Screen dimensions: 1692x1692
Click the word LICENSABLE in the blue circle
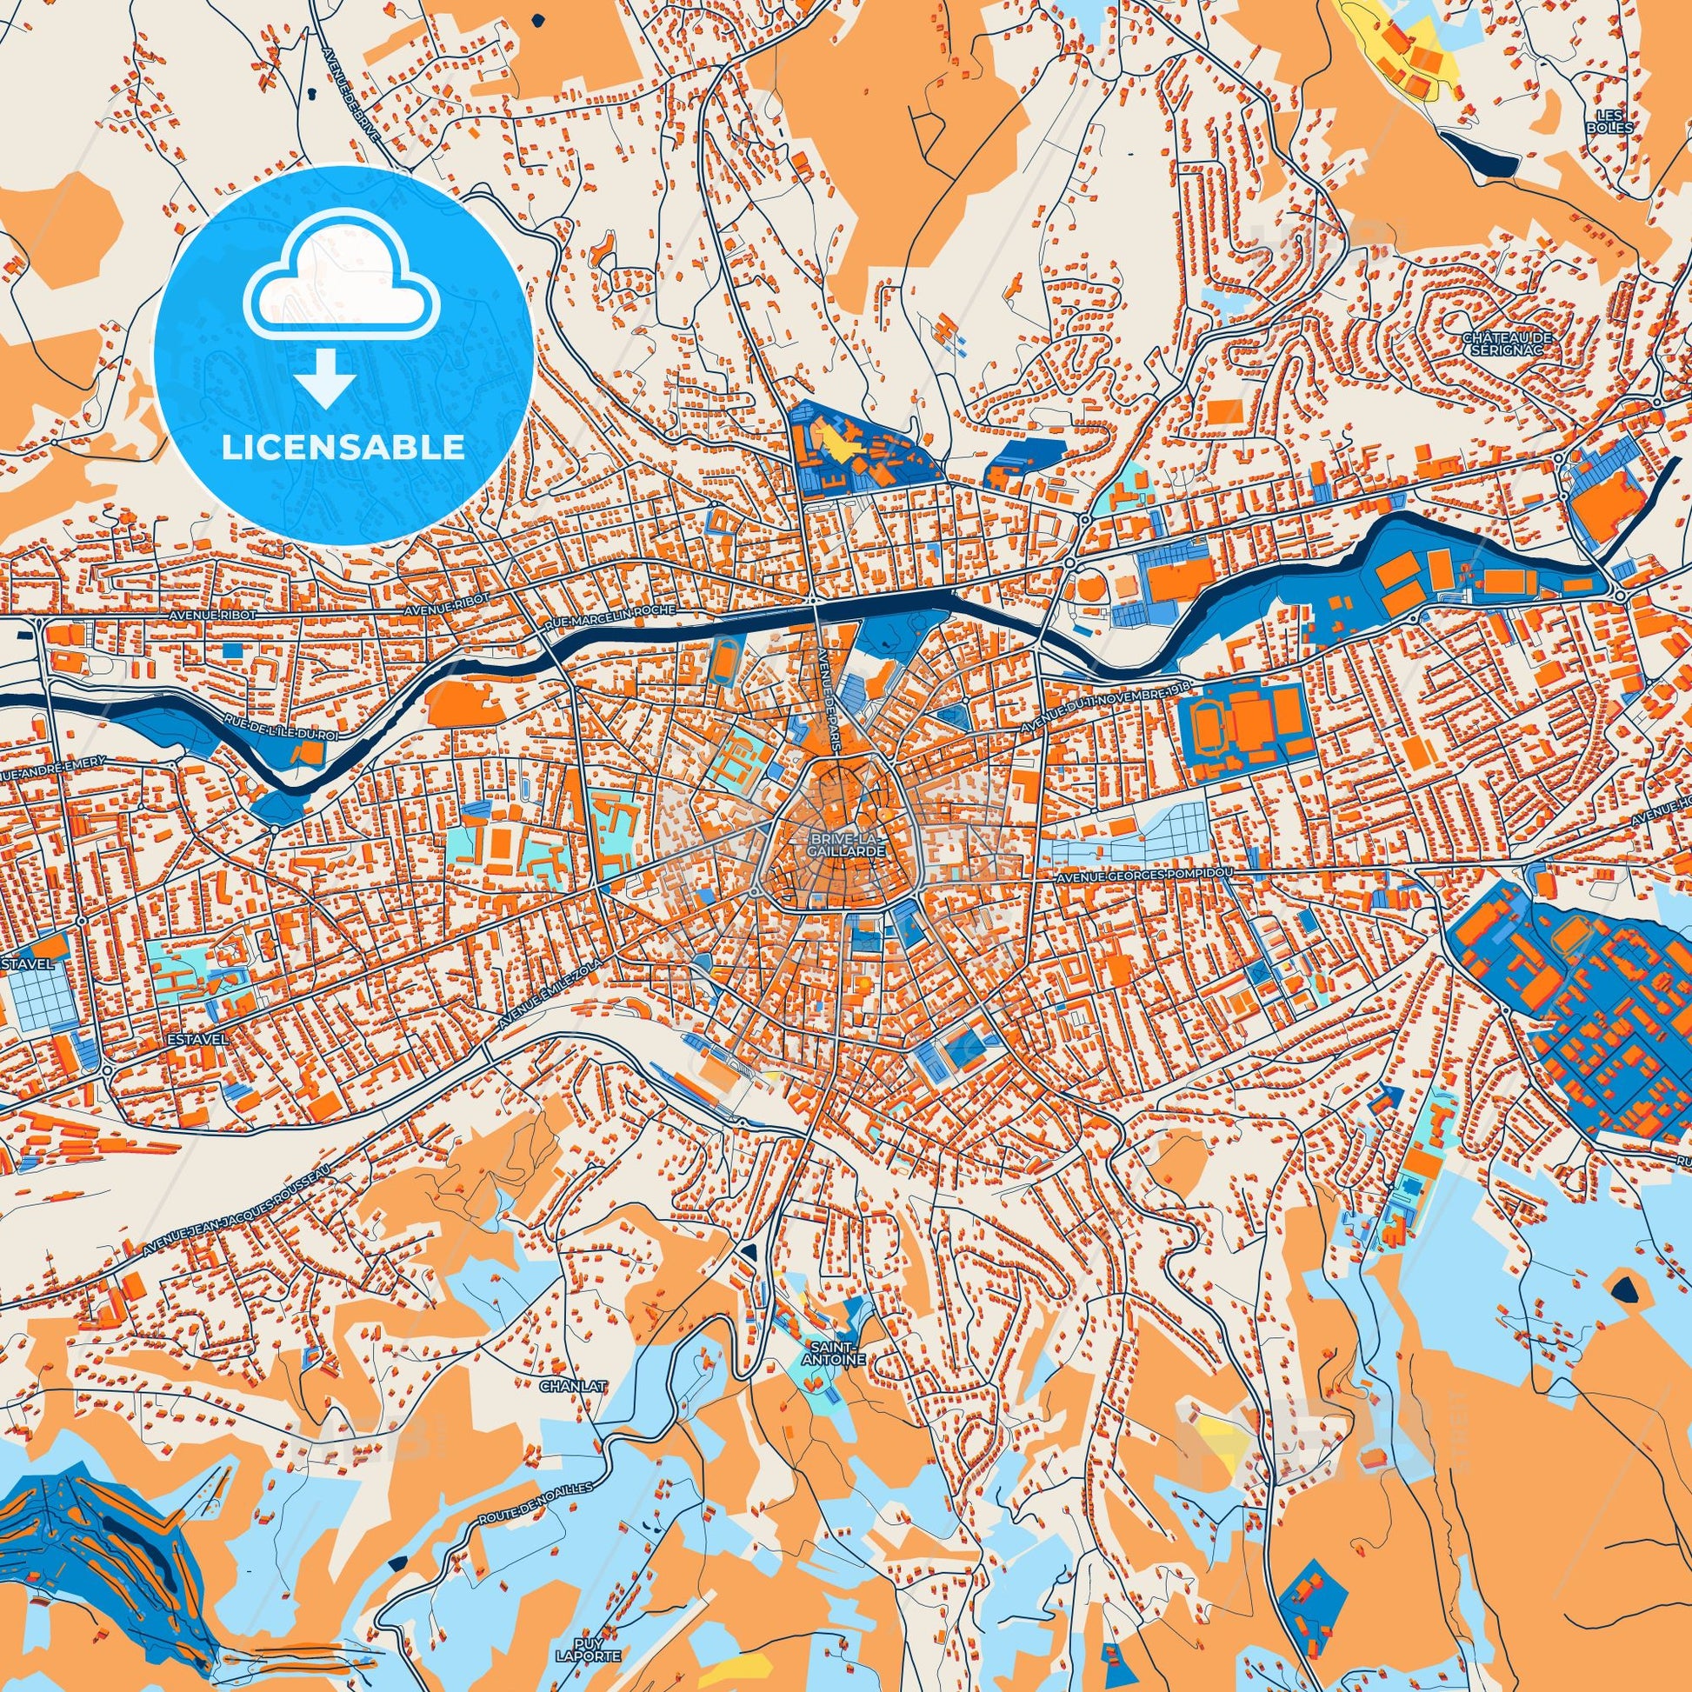[x=343, y=448]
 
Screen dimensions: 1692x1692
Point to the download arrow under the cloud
[x=325, y=376]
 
